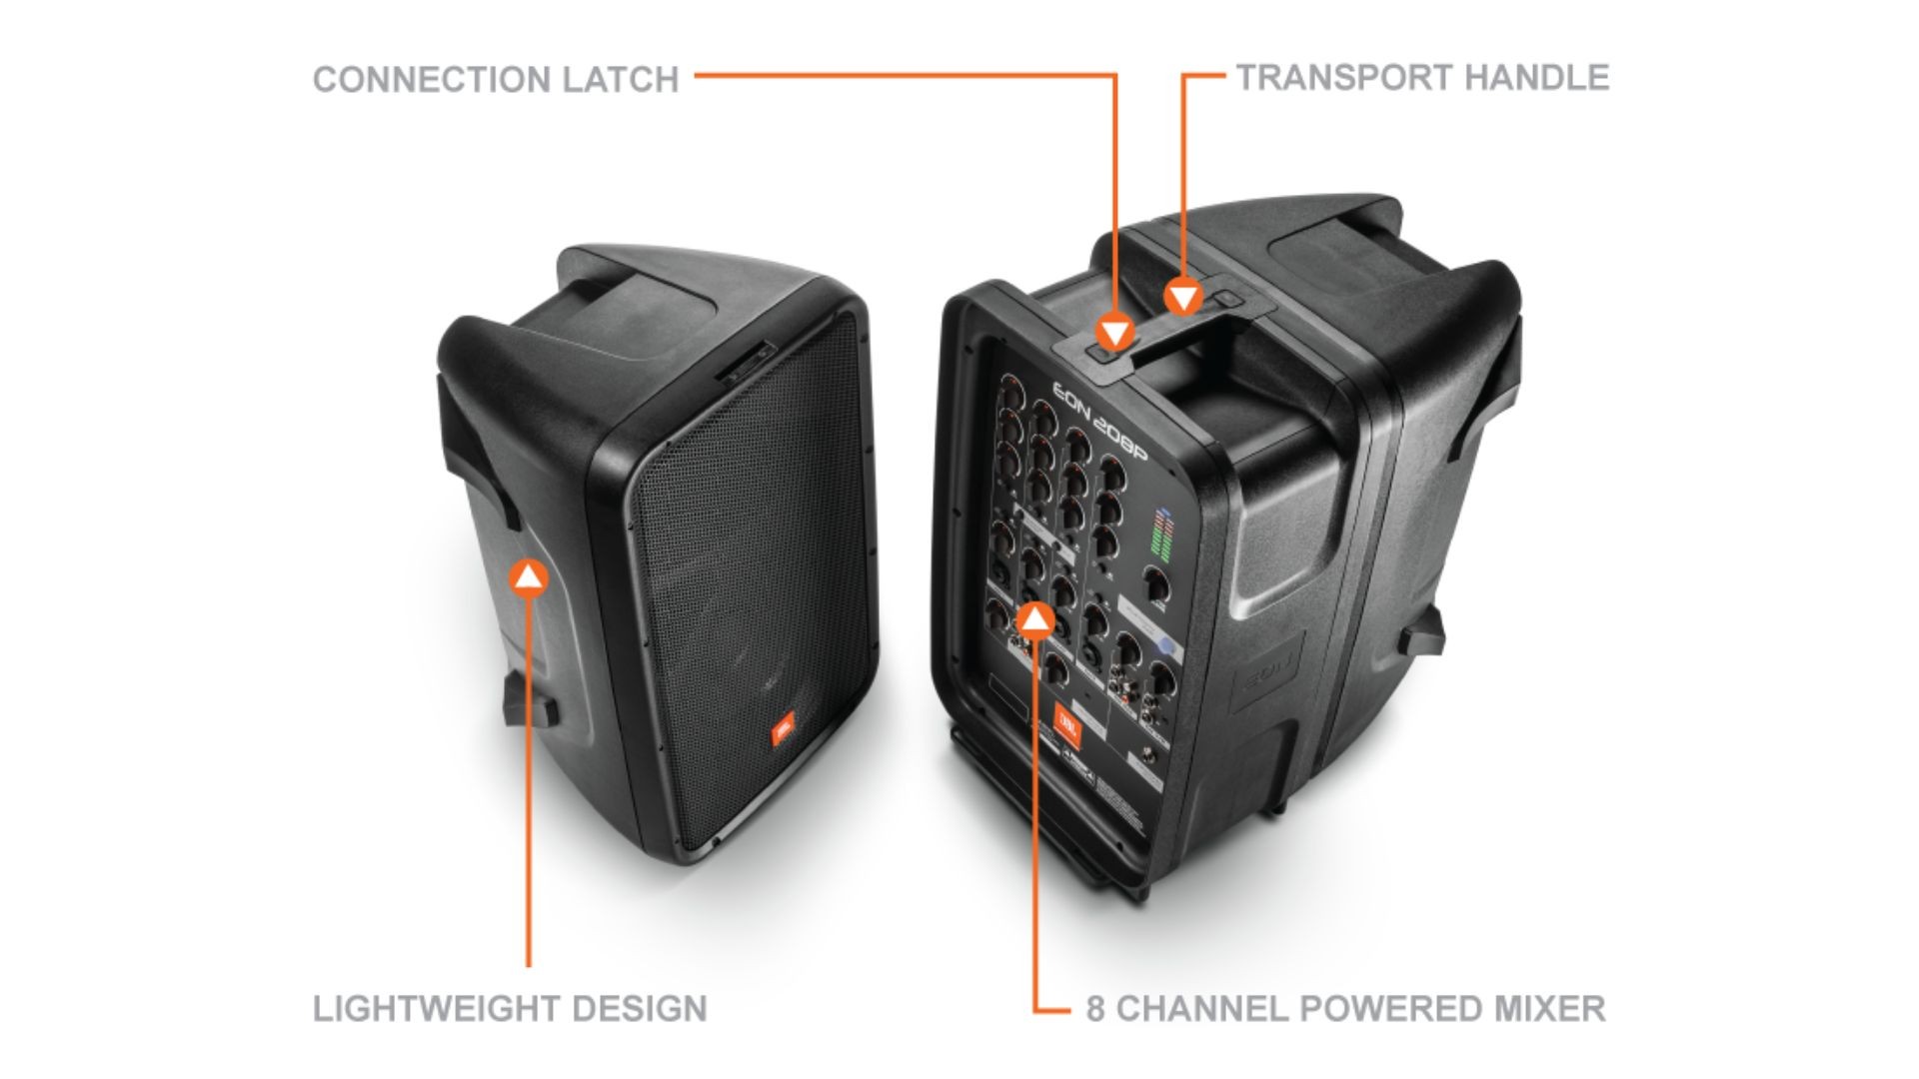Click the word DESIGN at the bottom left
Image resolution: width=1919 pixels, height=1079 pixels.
645,1008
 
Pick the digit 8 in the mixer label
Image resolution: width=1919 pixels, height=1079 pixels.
1096,1008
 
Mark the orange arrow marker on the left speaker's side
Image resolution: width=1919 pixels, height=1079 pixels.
529,576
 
